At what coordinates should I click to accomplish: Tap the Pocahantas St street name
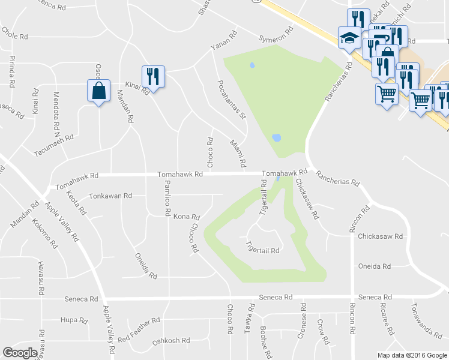232,99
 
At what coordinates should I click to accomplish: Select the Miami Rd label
238,153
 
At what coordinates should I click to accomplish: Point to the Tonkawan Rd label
110,196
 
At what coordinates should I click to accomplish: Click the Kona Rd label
186,216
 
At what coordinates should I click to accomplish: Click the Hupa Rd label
74,320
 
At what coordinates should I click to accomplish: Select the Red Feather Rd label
139,330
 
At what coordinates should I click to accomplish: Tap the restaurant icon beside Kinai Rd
152,76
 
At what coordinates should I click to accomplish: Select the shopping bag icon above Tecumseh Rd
98,91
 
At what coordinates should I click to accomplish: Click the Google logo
20,352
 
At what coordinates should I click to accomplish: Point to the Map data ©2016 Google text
412,355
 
